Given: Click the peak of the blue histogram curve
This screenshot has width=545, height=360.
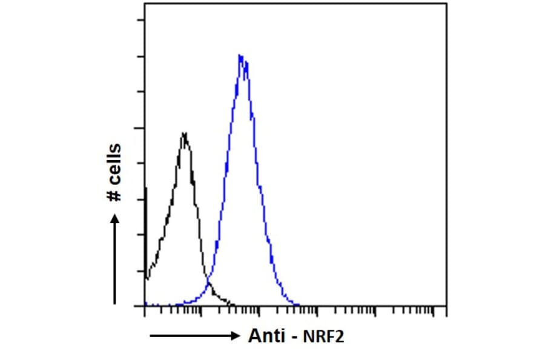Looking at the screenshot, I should tap(241, 56).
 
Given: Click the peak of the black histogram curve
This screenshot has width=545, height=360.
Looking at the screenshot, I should tap(184, 133).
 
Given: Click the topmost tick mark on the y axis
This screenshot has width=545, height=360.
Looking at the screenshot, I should tap(142, 20).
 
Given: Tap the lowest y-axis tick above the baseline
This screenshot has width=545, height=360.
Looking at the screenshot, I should tap(142, 271).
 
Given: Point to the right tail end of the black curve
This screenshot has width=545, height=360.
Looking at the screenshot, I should tap(233, 304).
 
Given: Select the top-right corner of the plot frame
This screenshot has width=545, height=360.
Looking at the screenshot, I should tap(447, 4).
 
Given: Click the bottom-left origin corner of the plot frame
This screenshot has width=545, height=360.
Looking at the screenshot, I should tap(145, 306).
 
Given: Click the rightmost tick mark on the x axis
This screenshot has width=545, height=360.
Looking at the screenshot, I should tap(434, 311).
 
